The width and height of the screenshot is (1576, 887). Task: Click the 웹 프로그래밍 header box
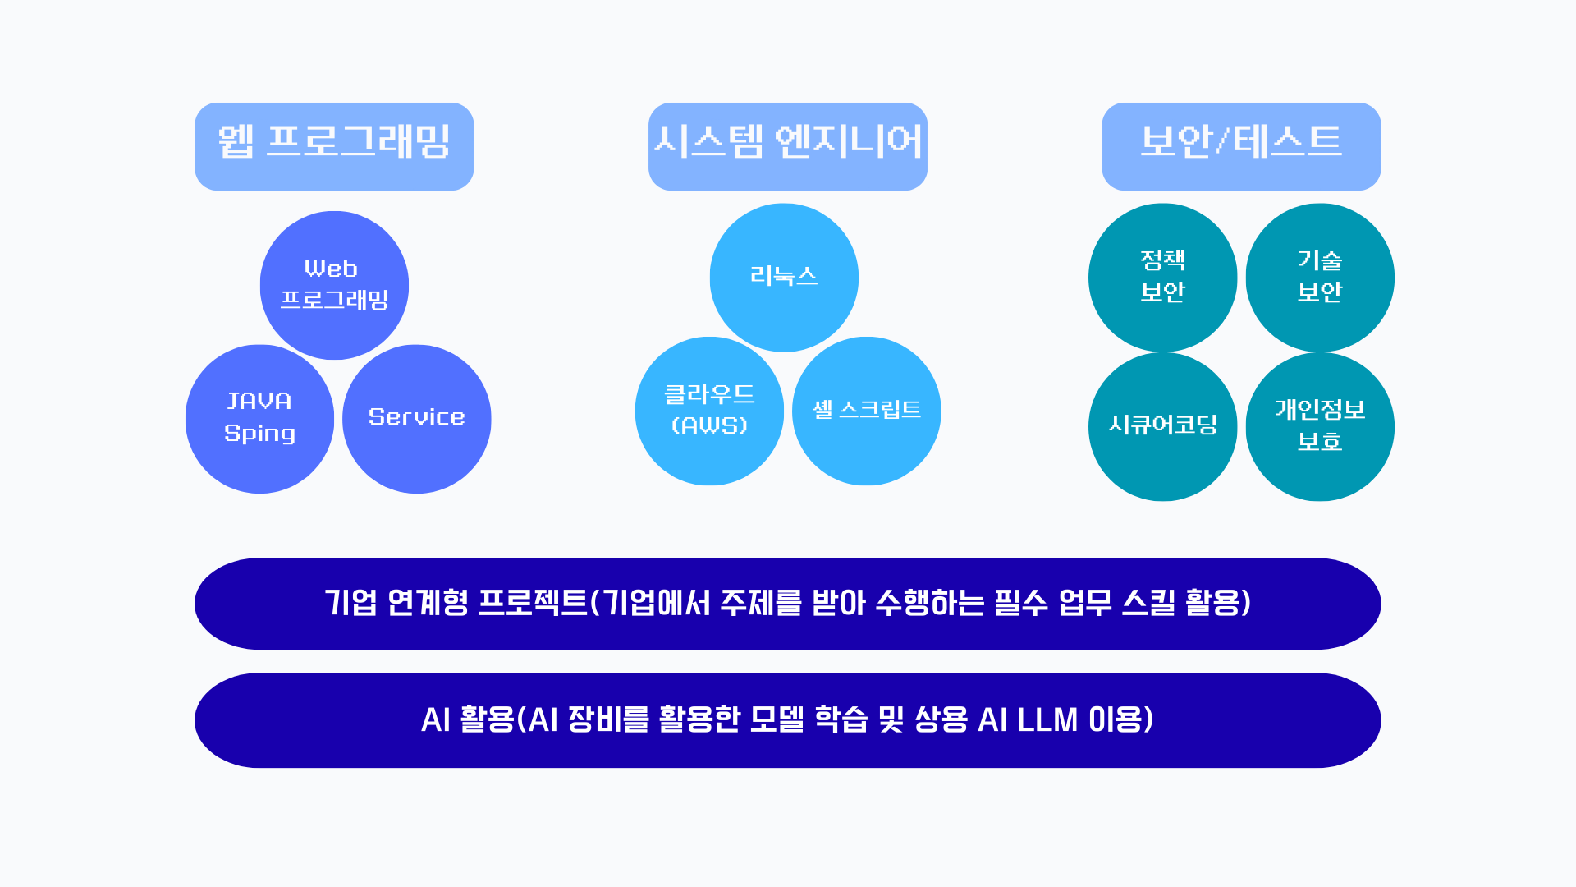(334, 146)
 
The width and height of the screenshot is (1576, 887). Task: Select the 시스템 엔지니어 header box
(788, 146)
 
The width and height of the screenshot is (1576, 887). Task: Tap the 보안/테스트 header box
(1241, 146)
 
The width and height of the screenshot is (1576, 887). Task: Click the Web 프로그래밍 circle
(334, 285)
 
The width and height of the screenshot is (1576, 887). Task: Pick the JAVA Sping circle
(259, 419)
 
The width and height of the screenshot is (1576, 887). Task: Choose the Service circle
(416, 419)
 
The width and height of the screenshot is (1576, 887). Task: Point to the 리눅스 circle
(784, 278)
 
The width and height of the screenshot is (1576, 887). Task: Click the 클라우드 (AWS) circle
(709, 411)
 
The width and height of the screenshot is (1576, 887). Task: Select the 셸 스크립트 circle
(866, 411)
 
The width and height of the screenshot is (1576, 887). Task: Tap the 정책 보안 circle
(1162, 278)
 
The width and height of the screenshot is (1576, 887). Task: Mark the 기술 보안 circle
(1320, 278)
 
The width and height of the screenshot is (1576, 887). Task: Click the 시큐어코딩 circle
(1162, 426)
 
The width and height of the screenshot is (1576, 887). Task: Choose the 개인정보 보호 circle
(1320, 426)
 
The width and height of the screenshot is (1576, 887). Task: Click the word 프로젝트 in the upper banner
(533, 603)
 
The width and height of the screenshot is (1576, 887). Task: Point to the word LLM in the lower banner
(1047, 720)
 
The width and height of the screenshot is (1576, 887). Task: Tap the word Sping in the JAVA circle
(259, 434)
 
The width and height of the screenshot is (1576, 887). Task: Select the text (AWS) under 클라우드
(709, 425)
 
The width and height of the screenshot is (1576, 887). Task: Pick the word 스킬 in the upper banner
(1148, 603)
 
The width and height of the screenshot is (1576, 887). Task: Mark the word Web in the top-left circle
(331, 269)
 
